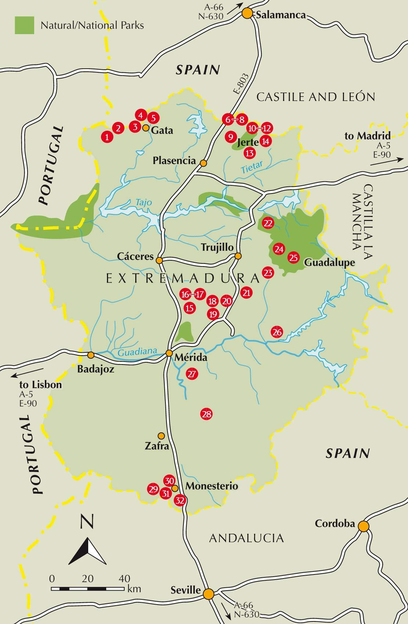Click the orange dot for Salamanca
point(247,14)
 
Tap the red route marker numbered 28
point(207,414)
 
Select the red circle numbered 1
point(107,137)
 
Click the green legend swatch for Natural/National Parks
point(24,25)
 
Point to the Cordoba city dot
point(364,526)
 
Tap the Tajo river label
point(143,202)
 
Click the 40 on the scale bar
point(124,579)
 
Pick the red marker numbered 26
point(277,332)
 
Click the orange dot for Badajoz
point(91,355)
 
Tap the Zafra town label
point(157,446)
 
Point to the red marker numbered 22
point(268,223)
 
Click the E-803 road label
point(241,84)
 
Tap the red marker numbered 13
point(250,153)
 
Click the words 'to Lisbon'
point(40,385)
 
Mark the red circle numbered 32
point(180,501)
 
